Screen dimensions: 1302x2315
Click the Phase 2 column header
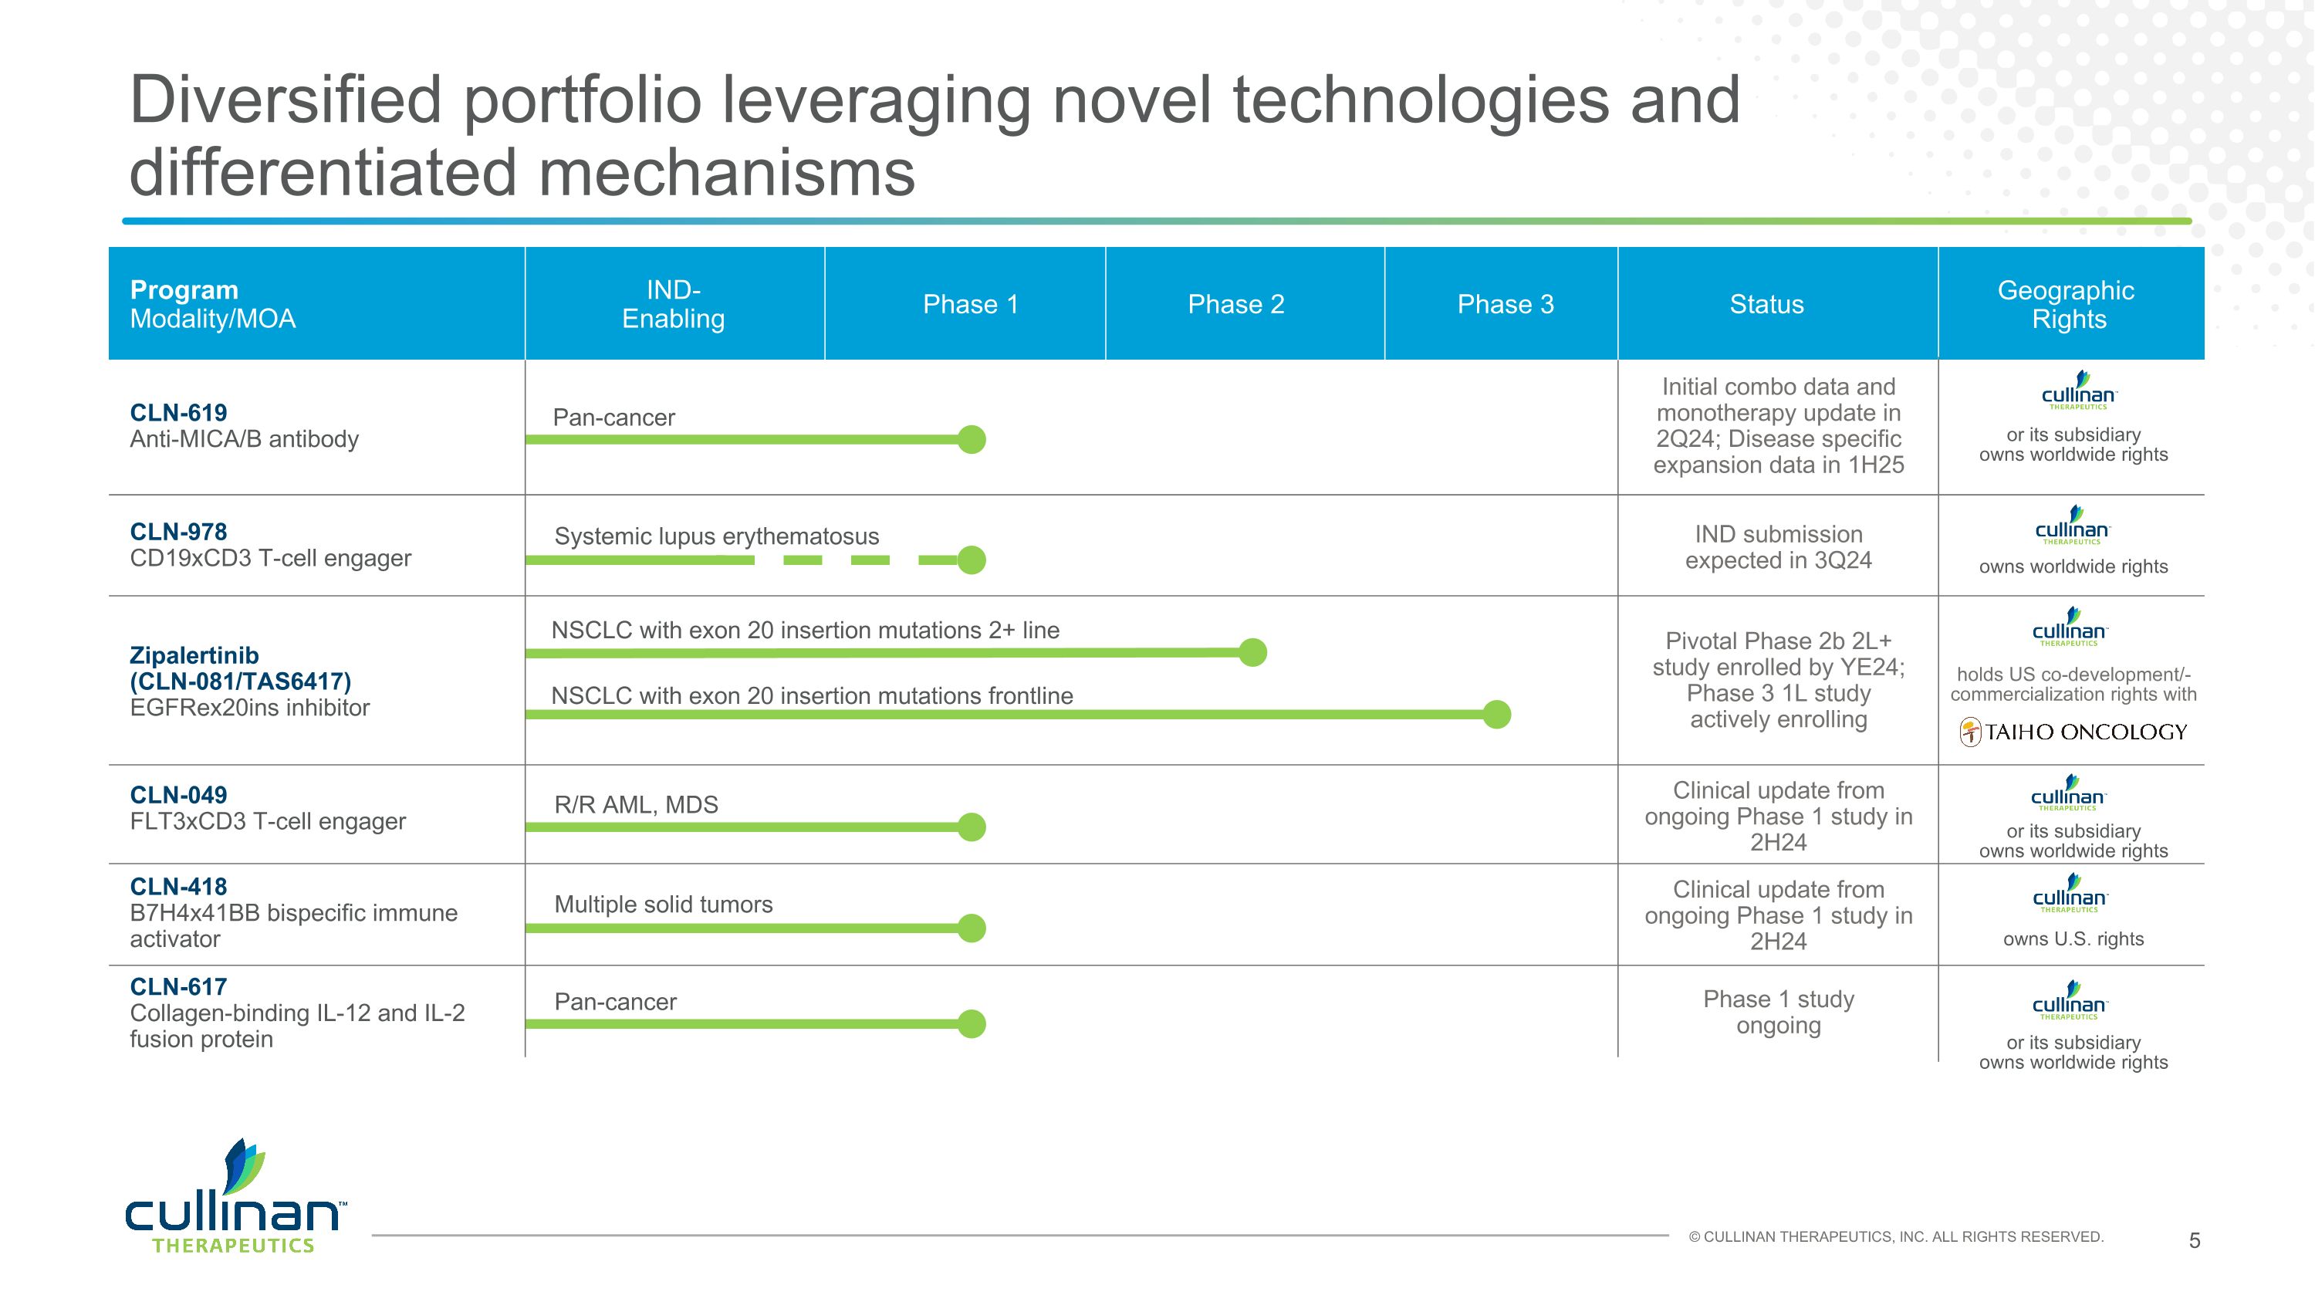[x=1235, y=305]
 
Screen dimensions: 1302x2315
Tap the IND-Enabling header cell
[x=673, y=305]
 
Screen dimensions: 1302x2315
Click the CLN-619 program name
[x=178, y=412]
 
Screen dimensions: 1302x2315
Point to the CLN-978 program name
[x=178, y=532]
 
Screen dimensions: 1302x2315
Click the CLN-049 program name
[x=178, y=795]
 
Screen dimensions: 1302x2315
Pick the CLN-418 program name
[x=178, y=887]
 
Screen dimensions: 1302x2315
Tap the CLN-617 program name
[x=178, y=986]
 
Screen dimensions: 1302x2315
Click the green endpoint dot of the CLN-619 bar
[x=972, y=439]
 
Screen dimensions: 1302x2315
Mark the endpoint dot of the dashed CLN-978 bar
[x=972, y=560]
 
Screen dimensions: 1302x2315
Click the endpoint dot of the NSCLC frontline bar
[x=1496, y=715]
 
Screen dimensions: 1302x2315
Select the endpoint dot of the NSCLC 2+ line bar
[x=1252, y=652]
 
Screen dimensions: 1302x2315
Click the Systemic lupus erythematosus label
[x=716, y=536]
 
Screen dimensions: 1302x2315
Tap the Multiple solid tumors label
[x=663, y=904]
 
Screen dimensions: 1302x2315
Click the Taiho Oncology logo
[x=2073, y=732]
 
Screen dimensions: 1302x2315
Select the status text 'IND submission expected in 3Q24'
[x=1778, y=547]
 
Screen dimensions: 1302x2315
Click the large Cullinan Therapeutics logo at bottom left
[x=235, y=1197]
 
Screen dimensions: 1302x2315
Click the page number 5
[x=2194, y=1241]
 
